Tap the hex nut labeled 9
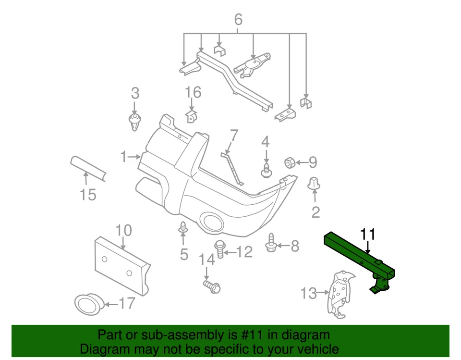point(290,163)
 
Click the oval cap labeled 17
point(89,303)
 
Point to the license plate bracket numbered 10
point(121,263)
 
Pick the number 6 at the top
point(238,20)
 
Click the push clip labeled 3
point(135,123)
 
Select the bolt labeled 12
point(219,248)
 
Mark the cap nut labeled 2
point(315,183)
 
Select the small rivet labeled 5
point(183,228)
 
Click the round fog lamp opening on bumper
point(211,221)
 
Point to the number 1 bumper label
point(123,156)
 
